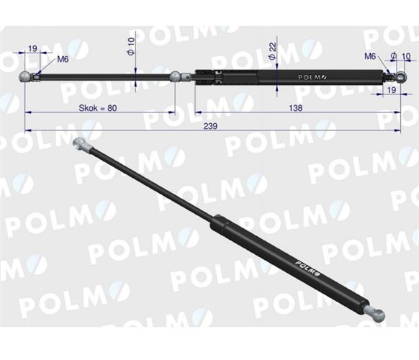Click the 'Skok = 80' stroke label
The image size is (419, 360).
point(96,107)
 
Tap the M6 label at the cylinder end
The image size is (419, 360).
point(371,55)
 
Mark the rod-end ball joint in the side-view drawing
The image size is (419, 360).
point(27,76)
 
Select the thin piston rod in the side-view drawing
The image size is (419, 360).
point(101,75)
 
